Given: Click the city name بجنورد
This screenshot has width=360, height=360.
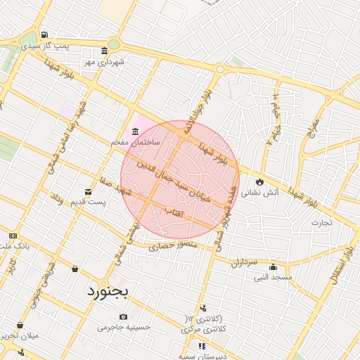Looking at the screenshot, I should (x=108, y=292).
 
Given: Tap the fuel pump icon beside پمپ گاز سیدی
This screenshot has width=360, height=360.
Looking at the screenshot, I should (x=45, y=34).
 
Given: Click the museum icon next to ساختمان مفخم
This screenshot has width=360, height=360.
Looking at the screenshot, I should (x=134, y=131).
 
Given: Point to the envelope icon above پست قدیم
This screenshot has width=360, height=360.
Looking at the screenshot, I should (x=88, y=191).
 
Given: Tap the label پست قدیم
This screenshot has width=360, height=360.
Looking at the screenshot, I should (x=88, y=202).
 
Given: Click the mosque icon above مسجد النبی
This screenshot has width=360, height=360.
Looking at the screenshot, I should (x=273, y=266).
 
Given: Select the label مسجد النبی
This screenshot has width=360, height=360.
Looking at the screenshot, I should (x=273, y=278).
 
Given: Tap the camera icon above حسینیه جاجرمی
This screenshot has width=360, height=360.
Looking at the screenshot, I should (x=124, y=316).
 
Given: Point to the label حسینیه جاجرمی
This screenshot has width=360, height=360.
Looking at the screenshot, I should (x=124, y=328).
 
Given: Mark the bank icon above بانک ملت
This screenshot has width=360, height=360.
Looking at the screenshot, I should (x=13, y=236).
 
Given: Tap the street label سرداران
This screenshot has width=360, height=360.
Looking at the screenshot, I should (x=244, y=263).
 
